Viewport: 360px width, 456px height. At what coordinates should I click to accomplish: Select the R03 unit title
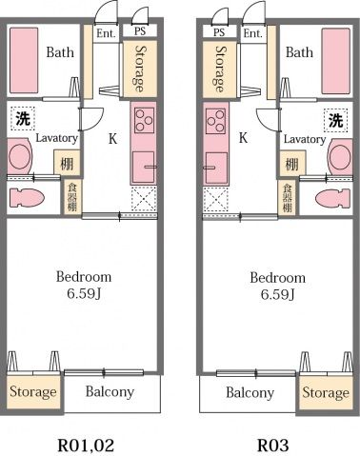pyautogui.click(x=273, y=444)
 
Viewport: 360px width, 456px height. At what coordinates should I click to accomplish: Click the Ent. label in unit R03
pyautogui.click(x=252, y=32)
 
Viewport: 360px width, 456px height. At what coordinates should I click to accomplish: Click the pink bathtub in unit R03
pyautogui.click(x=335, y=59)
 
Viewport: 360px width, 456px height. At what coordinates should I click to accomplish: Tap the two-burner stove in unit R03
pyautogui.click(x=214, y=121)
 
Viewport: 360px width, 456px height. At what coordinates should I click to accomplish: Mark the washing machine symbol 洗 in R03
pyautogui.click(x=335, y=121)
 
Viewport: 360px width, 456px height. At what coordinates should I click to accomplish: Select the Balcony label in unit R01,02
pyautogui.click(x=110, y=391)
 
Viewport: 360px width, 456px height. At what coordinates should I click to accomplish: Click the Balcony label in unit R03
pyautogui.click(x=250, y=392)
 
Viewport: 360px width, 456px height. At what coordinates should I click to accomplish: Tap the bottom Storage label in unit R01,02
pyautogui.click(x=33, y=392)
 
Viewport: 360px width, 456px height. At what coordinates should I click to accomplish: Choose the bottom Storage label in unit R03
pyautogui.click(x=326, y=392)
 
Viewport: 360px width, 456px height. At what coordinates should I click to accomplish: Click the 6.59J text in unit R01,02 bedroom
pyautogui.click(x=84, y=293)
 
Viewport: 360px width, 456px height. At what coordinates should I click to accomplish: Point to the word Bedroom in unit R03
pyautogui.click(x=277, y=277)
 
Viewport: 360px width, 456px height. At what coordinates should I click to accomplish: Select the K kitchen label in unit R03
pyautogui.click(x=243, y=138)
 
